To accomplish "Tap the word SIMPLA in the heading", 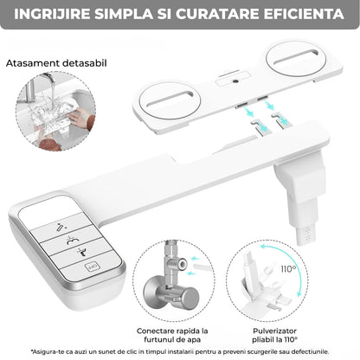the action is [x=124, y=14].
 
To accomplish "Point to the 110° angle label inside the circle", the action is [x=288, y=269].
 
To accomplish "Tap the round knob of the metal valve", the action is [x=188, y=299].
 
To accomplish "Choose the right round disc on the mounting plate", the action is [x=296, y=59].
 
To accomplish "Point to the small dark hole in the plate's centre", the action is [x=236, y=81].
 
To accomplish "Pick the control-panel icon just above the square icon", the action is [x=82, y=252].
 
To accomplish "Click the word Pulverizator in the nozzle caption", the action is [x=274, y=331].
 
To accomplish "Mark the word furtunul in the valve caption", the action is [x=158, y=340].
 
